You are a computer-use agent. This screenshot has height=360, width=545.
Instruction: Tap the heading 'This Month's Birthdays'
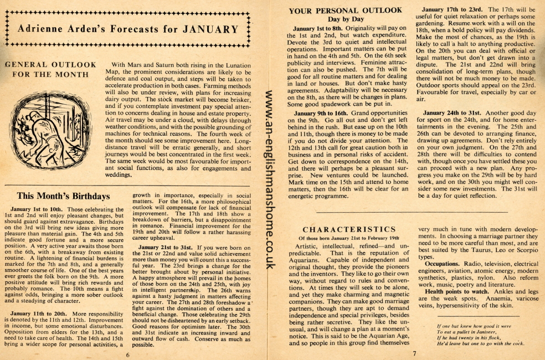(x=63, y=196)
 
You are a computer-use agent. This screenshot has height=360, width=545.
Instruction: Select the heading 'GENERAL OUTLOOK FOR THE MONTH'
(x=50, y=69)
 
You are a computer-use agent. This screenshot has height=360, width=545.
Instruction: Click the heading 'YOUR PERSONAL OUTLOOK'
(x=346, y=10)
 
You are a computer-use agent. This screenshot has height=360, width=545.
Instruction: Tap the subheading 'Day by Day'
(x=346, y=19)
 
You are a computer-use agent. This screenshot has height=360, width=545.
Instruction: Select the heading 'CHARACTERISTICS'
(x=349, y=229)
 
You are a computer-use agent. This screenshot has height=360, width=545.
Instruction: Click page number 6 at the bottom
(x=127, y=354)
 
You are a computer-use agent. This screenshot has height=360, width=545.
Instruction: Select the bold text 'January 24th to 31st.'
(x=450, y=113)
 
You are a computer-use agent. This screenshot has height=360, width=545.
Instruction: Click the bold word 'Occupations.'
(x=443, y=264)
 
